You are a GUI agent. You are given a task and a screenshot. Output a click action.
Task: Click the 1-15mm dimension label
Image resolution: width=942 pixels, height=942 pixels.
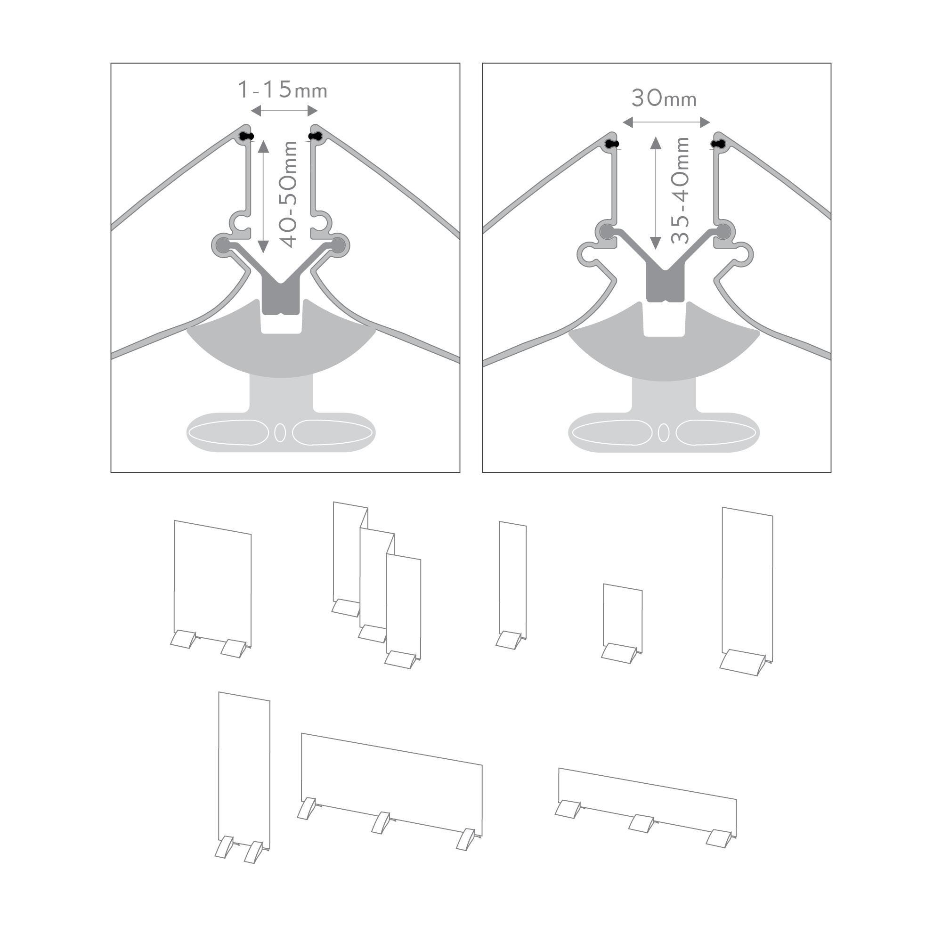282,90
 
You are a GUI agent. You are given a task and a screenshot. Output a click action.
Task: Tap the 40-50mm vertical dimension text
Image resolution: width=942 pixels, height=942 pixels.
290,194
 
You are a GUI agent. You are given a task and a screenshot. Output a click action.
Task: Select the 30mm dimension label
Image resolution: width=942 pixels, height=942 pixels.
664,98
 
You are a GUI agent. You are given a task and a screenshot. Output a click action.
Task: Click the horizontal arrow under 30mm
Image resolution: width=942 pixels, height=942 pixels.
666,122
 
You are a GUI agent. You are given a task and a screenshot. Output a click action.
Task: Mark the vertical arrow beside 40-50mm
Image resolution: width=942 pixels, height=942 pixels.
263,197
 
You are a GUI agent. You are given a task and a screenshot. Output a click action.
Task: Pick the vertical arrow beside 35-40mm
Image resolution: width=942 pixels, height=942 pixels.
655,194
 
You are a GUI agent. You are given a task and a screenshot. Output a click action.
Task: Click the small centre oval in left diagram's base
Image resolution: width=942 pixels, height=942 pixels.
280,432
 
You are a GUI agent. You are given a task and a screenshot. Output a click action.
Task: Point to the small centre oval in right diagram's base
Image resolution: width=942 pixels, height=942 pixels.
664,432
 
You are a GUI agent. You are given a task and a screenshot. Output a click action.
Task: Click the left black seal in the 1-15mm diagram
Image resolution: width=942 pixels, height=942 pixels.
247,137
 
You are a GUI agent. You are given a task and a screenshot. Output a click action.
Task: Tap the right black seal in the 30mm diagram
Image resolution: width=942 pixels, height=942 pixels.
718,144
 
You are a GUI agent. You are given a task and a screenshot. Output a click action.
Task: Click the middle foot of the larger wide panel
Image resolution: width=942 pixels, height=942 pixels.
381,822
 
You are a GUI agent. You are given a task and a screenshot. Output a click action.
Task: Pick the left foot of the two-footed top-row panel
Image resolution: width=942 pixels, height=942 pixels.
183,639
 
